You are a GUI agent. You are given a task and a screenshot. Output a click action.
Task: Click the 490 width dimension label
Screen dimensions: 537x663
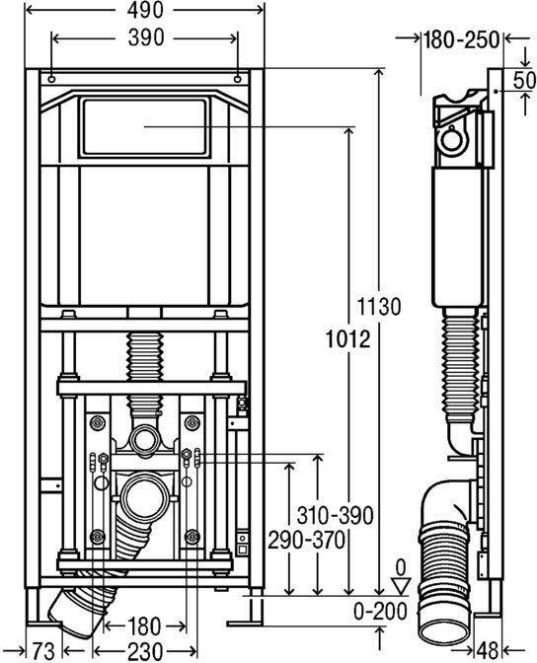pyautogui.click(x=145, y=10)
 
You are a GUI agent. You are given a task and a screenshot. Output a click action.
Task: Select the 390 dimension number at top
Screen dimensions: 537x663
pyautogui.click(x=146, y=38)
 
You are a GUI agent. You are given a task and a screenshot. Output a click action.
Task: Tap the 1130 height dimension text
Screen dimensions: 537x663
pyautogui.click(x=378, y=306)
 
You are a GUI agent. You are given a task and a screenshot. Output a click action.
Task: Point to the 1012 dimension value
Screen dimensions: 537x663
pyautogui.click(x=347, y=339)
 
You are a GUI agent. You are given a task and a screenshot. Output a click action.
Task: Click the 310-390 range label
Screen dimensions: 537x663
pyautogui.click(x=336, y=515)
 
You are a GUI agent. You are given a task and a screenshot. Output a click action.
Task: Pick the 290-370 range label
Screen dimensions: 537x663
pyautogui.click(x=306, y=540)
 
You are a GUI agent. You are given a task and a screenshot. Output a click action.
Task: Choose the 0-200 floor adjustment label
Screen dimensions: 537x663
pyautogui.click(x=380, y=611)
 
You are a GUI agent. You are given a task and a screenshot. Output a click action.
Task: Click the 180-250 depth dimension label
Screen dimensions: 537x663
pyautogui.click(x=462, y=39)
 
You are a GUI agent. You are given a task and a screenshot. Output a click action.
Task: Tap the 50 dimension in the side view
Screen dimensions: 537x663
pyautogui.click(x=524, y=80)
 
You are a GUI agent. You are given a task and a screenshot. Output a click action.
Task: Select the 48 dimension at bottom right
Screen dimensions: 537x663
pyautogui.click(x=488, y=651)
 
